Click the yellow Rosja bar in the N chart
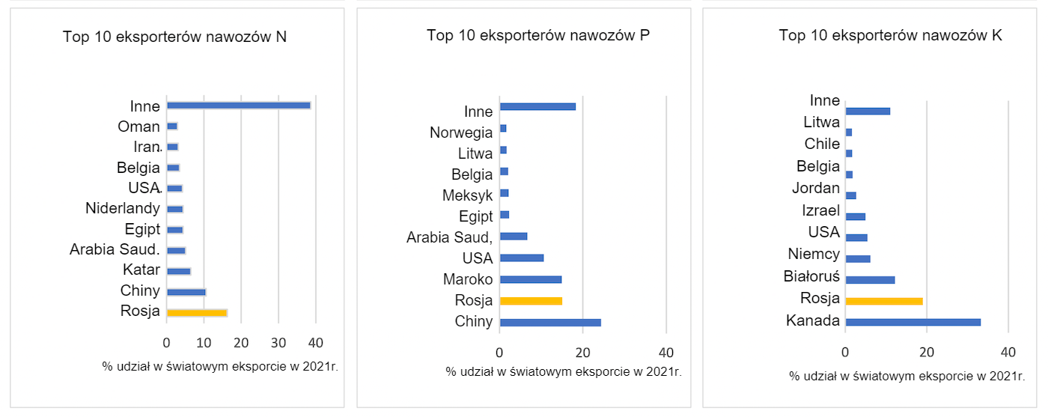[x=197, y=313]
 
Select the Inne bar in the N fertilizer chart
[x=238, y=106]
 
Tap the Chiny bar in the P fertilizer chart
[x=550, y=323]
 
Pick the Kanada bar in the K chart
[x=913, y=322]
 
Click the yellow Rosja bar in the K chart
[x=883, y=301]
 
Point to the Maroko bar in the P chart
[x=530, y=279]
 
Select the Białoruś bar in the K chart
[x=870, y=280]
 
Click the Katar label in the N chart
[x=141, y=270]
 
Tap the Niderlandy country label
[x=123, y=208]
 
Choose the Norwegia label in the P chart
[x=461, y=133]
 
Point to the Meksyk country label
[x=468, y=195]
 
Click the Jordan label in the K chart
[x=815, y=188]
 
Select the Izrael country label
[x=820, y=210]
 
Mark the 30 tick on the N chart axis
[x=278, y=342]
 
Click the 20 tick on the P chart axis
[x=582, y=352]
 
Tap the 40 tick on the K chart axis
[x=1008, y=351]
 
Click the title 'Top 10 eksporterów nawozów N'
[x=174, y=37]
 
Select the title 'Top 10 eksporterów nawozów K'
[x=890, y=35]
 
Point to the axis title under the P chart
[x=563, y=371]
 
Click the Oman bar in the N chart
[x=172, y=127]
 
